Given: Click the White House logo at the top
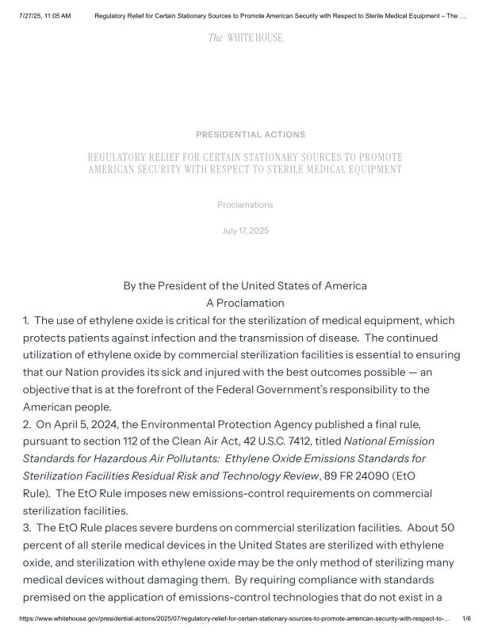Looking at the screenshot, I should tap(245, 38).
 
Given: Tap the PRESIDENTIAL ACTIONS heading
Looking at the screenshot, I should tap(251, 135).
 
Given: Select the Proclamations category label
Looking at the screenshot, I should tap(245, 204).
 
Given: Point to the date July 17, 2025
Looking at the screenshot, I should tap(245, 231).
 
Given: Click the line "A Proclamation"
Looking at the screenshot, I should tap(245, 303).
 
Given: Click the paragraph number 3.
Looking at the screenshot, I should tap(27, 527).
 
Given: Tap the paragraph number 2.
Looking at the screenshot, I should tap(27, 424).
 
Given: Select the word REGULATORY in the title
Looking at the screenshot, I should tap(119, 157).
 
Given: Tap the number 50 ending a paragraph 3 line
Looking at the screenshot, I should tap(449, 527).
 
